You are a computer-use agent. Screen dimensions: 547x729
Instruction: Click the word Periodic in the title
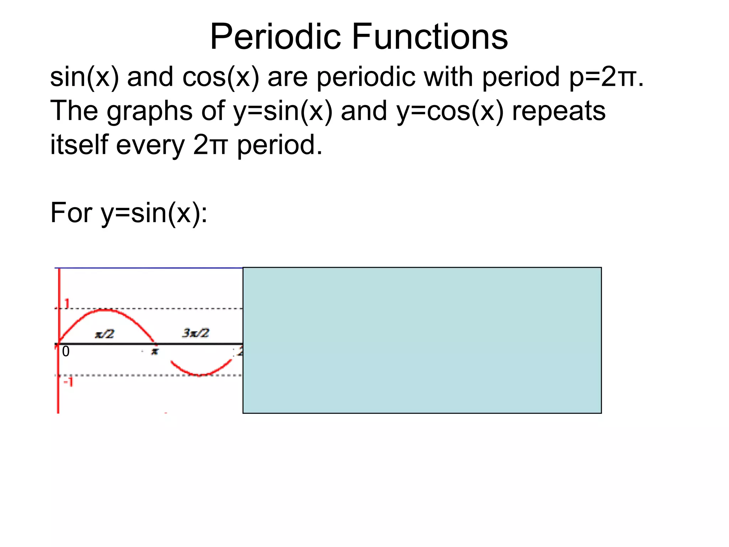pyautogui.click(x=276, y=37)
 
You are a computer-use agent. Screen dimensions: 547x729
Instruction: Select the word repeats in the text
pyautogui.click(x=558, y=111)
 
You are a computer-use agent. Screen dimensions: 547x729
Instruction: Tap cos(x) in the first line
pyautogui.click(x=221, y=77)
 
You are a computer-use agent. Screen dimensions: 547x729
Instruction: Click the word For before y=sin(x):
pyautogui.click(x=71, y=213)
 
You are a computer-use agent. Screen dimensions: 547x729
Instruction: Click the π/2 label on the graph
pyautogui.click(x=104, y=334)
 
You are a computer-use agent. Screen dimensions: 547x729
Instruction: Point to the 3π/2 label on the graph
pyautogui.click(x=195, y=333)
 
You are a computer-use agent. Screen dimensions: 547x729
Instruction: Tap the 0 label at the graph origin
pyautogui.click(x=66, y=352)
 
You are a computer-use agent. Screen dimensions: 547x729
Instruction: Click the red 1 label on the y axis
pyautogui.click(x=67, y=304)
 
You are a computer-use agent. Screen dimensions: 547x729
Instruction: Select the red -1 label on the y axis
pyautogui.click(x=68, y=382)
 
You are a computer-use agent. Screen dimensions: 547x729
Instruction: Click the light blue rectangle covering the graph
pyautogui.click(x=422, y=340)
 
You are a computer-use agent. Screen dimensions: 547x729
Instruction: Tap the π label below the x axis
pyautogui.click(x=154, y=351)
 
